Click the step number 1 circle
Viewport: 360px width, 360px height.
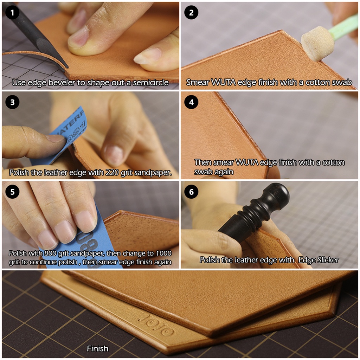[12, 12]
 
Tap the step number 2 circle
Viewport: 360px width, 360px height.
[191, 12]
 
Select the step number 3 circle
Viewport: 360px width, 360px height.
[12, 102]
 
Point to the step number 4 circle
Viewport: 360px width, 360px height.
[191, 102]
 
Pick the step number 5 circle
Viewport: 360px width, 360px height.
[12, 192]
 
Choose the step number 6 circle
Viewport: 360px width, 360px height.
[191, 192]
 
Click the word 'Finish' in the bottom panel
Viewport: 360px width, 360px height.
[98, 348]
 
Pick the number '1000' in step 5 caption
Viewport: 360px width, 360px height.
[163, 253]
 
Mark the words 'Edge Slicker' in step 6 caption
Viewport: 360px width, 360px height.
[319, 260]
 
